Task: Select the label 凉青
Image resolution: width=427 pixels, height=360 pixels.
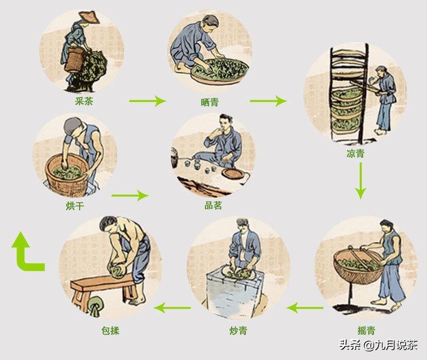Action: click(x=355, y=153)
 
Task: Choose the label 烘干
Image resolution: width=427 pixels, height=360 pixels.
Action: click(x=75, y=206)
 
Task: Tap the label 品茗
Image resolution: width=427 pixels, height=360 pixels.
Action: click(x=213, y=206)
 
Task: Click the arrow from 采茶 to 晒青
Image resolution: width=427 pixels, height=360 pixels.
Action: click(x=147, y=101)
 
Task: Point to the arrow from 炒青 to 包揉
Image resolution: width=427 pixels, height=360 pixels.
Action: click(x=174, y=308)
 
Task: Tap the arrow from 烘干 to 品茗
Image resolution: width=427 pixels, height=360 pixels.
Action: click(x=129, y=195)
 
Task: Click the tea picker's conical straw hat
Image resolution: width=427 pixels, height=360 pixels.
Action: click(x=88, y=17)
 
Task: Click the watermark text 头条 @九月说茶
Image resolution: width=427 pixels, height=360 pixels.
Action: click(x=378, y=345)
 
